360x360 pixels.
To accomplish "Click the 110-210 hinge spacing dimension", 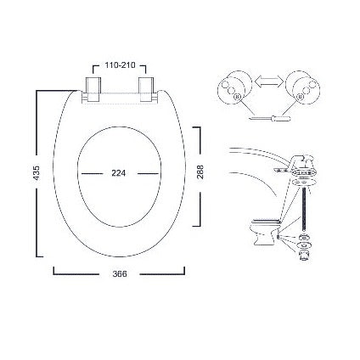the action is coord(120,65).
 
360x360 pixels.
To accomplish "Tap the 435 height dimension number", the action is coord(37,173).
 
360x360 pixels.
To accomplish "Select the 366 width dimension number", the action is coord(120,274).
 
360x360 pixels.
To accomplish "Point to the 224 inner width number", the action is coord(118,173).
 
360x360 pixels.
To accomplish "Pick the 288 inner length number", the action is coord(200,172).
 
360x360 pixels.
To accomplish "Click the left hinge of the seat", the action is coord(92,88).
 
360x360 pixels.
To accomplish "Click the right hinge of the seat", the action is coord(147,88).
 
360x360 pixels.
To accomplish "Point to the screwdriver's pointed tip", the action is coord(251,120).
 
